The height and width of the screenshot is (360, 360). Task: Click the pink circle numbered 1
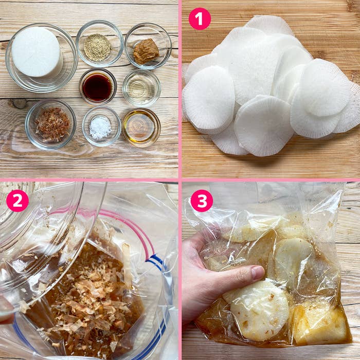pyautogui.click(x=200, y=19)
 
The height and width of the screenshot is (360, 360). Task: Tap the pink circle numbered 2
pyautogui.click(x=17, y=201)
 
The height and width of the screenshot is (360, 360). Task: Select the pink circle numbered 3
pyautogui.click(x=202, y=201)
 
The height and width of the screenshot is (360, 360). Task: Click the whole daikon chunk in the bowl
pyautogui.click(x=37, y=51)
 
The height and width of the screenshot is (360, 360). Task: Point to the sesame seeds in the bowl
pyautogui.click(x=97, y=47)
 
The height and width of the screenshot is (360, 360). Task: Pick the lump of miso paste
pyautogui.click(x=146, y=51)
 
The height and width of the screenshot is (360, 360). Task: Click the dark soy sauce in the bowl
pyautogui.click(x=98, y=87)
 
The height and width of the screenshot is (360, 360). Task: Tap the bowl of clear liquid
pyautogui.click(x=141, y=88)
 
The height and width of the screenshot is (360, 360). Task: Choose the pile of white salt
pyautogui.click(x=100, y=128)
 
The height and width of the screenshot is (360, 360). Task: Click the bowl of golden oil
pyautogui.click(x=141, y=127)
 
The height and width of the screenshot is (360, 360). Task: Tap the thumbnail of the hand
pyautogui.click(x=258, y=272)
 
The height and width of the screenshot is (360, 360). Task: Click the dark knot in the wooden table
pyautogui.click(x=19, y=104)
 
